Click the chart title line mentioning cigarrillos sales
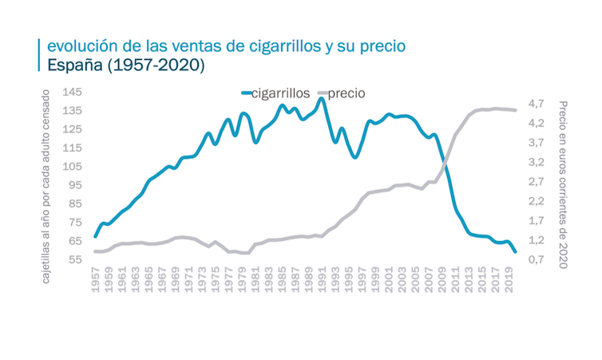tap(226, 45)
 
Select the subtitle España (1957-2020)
tap(126, 65)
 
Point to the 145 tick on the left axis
tap(72, 92)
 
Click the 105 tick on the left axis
tap(72, 167)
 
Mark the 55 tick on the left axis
tap(75, 259)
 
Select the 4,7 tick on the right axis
tap(536, 104)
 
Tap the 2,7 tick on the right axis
tap(536, 182)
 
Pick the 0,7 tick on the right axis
tap(536, 259)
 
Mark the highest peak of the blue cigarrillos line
tap(321, 99)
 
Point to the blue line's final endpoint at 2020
tap(515, 251)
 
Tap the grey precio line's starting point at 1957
tap(95, 251)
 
